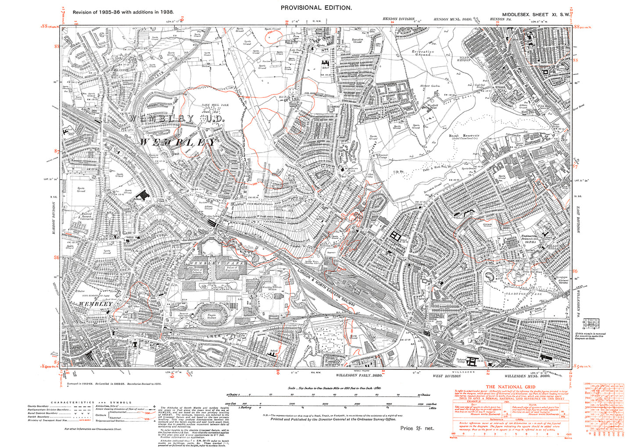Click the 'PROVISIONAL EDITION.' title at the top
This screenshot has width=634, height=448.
[x=316, y=7]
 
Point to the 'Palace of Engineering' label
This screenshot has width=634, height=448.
[x=232, y=269]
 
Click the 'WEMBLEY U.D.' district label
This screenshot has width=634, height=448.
[x=176, y=119]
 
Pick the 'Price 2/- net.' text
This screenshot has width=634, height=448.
[x=417, y=428]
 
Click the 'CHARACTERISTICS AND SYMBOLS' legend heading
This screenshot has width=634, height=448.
[x=91, y=402]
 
